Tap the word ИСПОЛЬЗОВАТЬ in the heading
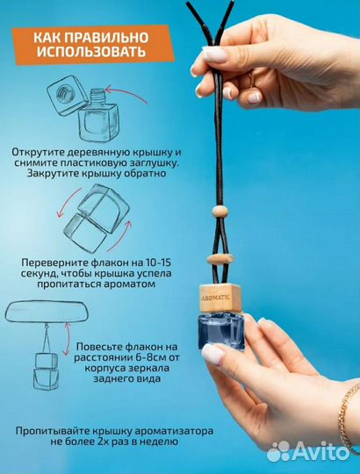tap(91, 52)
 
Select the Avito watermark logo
tap(308, 451)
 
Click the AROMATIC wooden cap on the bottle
tap(220, 298)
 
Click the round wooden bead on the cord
tap(220, 211)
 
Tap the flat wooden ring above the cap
tap(220, 259)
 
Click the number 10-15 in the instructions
tap(158, 262)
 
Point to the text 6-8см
tap(144, 357)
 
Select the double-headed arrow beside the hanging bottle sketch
tap(67, 339)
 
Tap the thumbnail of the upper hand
tap(215, 54)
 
